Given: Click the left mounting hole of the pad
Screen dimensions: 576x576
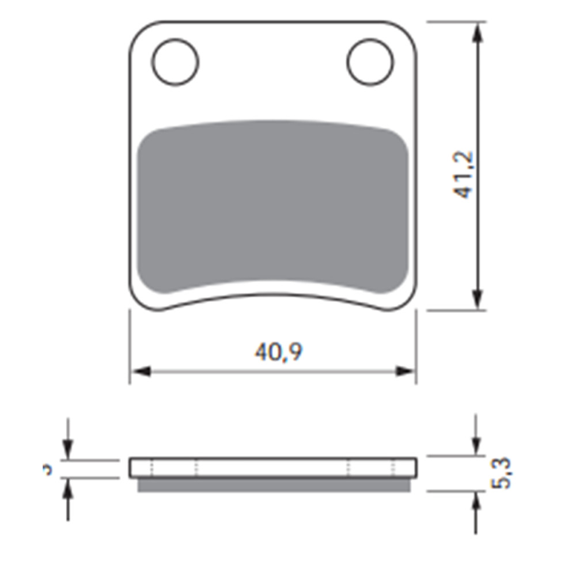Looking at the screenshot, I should click(x=176, y=62).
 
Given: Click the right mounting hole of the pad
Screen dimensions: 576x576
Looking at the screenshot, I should click(x=370, y=62).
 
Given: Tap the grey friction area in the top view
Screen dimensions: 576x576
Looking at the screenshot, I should click(x=273, y=207).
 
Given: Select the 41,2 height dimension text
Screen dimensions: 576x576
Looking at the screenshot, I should click(x=464, y=175).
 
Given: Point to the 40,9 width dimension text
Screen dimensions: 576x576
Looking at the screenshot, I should click(x=279, y=352).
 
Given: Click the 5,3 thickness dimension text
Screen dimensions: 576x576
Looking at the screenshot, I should click(x=502, y=473).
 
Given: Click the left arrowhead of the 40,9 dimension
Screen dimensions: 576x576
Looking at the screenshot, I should click(x=141, y=372).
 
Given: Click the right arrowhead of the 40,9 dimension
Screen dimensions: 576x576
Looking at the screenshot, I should click(x=405, y=372).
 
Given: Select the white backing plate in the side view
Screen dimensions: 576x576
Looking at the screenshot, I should click(x=273, y=467).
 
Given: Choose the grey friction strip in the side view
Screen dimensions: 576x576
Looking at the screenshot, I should click(x=273, y=485).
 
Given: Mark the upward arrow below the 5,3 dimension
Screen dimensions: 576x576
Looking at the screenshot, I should click(x=476, y=503).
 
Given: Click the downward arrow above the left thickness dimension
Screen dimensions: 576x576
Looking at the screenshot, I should click(x=68, y=448).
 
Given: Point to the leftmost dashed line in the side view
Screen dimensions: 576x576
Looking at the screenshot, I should click(x=151, y=468).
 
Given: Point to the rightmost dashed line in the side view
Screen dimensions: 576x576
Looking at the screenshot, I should click(x=393, y=468).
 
